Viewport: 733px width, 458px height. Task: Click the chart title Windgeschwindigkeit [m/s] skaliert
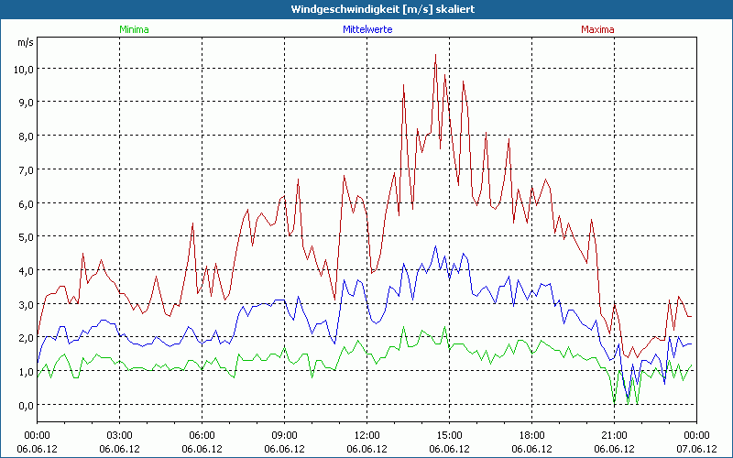366,8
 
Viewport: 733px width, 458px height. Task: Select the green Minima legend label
133,29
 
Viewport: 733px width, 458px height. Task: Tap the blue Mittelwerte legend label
366,29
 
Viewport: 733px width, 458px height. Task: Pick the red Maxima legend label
597,29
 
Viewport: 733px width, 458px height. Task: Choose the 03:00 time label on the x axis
120,435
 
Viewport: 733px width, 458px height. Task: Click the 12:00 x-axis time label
366,435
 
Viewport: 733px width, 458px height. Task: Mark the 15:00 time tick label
449,435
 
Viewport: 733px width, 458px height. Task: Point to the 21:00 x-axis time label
614,435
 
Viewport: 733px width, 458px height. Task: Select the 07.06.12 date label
696,449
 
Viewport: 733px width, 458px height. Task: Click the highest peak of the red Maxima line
435,56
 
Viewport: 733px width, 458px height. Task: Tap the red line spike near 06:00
193,223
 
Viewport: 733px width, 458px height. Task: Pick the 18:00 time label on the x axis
531,435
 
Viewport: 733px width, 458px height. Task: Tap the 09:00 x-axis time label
284,435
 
